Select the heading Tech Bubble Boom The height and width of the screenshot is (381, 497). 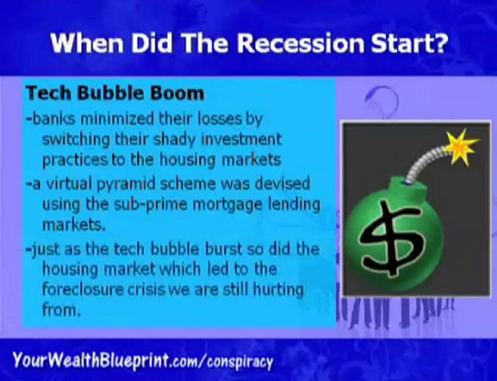[x=115, y=93]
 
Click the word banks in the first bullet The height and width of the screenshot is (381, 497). [x=54, y=119]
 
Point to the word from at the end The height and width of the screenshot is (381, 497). [x=60, y=310]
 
